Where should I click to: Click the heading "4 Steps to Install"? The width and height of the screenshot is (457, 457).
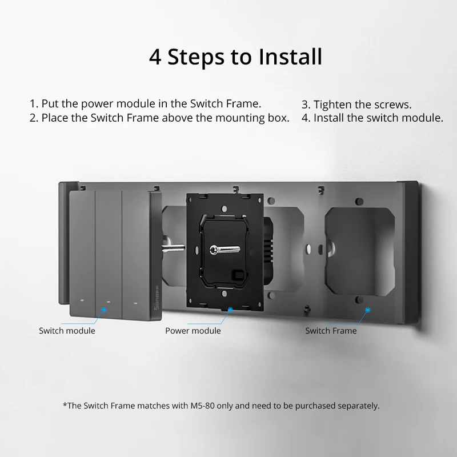pos(235,57)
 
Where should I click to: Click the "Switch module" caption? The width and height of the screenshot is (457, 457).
pos(67,331)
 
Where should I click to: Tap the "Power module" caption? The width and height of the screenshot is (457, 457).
pos(193,331)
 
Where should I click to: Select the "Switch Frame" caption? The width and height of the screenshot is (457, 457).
pos(330,331)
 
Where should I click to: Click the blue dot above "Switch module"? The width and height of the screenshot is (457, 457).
pos(104,310)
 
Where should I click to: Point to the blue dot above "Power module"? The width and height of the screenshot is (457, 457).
pos(230,310)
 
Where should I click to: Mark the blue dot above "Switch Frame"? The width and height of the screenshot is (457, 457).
pos(367,310)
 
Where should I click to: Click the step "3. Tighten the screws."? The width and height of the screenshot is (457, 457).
pos(356,105)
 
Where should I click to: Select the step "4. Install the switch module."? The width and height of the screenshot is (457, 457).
pos(372,118)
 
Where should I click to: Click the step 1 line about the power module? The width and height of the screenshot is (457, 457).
pos(145,104)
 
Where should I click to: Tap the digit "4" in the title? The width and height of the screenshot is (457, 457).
pos(155,57)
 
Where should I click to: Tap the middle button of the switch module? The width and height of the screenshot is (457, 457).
pos(108,251)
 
